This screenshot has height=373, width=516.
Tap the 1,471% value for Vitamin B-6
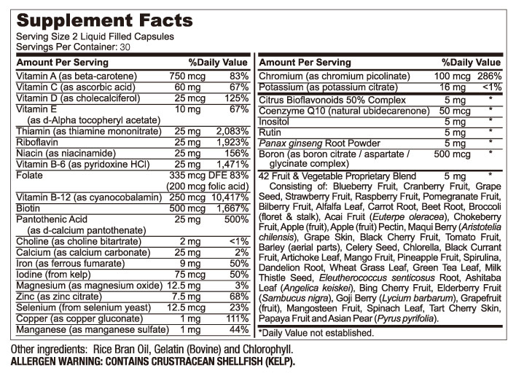234,166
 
